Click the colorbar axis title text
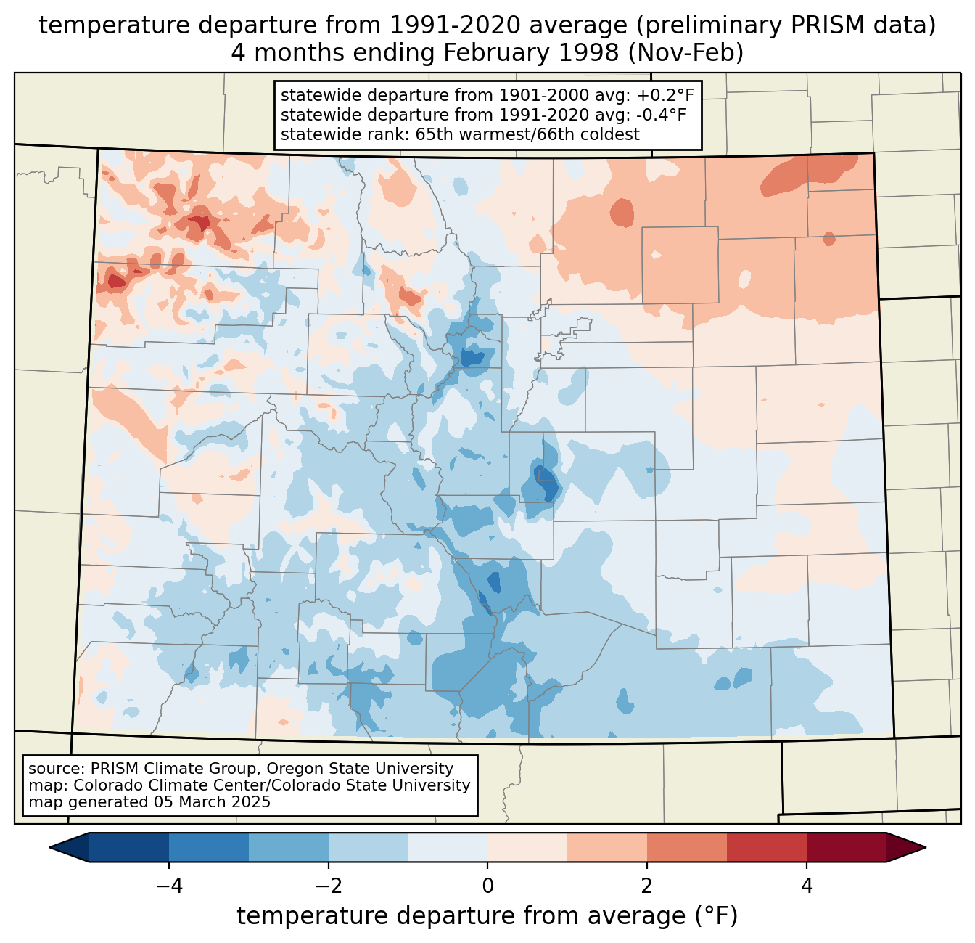click(x=487, y=916)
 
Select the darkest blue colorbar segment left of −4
click(x=129, y=847)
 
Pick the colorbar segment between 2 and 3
click(x=687, y=847)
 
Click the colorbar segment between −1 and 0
click(x=448, y=847)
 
